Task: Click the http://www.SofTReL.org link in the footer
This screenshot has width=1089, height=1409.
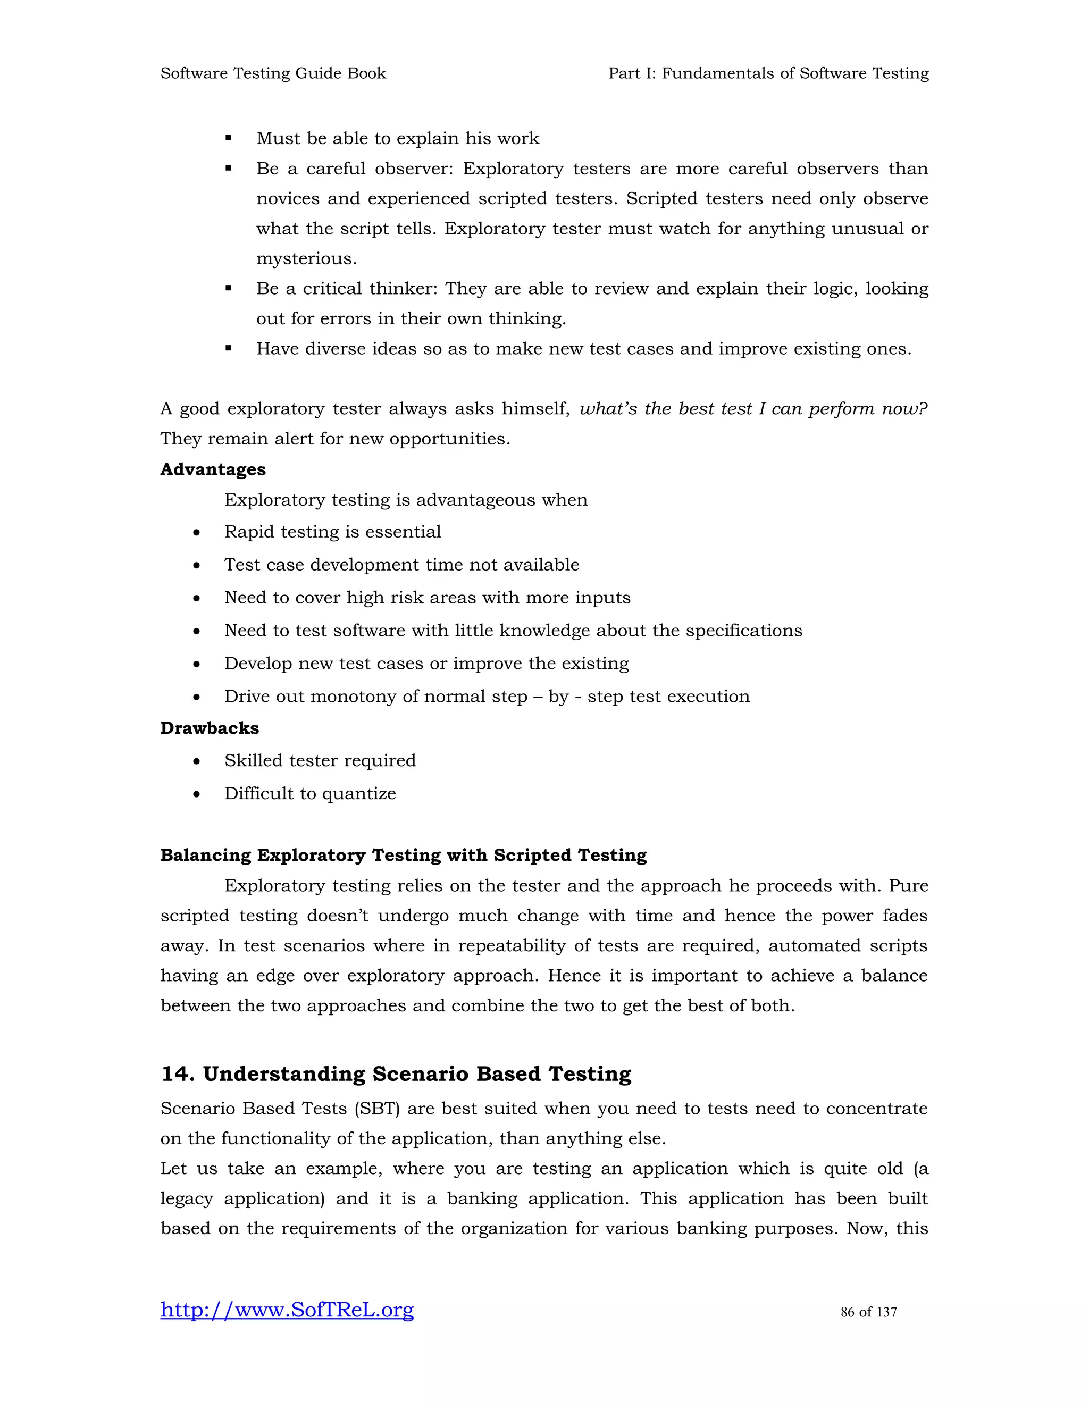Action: pyautogui.click(x=287, y=1310)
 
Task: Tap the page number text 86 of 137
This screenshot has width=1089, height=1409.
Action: pyautogui.click(x=868, y=1312)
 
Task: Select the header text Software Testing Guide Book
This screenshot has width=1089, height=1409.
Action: pyautogui.click(x=273, y=73)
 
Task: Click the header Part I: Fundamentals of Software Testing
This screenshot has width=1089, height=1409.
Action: pyautogui.click(x=768, y=73)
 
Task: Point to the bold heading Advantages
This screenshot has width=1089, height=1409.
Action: pyautogui.click(x=212, y=469)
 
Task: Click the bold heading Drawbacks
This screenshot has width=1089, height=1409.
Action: pyautogui.click(x=209, y=728)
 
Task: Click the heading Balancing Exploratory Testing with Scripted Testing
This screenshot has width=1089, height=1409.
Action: pyautogui.click(x=403, y=856)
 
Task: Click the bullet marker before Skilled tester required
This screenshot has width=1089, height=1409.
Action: pyautogui.click(x=196, y=762)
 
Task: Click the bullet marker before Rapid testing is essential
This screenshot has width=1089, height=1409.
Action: pyautogui.click(x=196, y=533)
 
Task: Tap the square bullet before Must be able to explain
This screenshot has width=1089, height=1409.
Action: pyautogui.click(x=228, y=138)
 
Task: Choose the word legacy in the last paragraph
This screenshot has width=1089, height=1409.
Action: pyautogui.click(x=187, y=1198)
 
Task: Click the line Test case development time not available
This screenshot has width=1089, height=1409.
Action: pyautogui.click(x=401, y=565)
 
